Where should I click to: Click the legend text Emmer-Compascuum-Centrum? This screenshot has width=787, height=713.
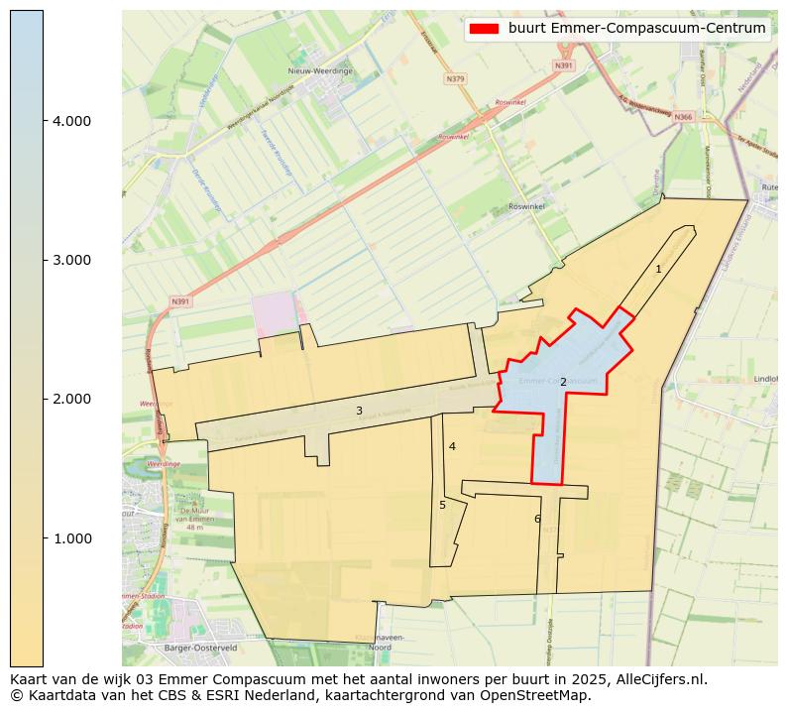point(637,29)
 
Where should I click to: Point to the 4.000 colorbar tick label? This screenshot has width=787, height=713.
point(71,121)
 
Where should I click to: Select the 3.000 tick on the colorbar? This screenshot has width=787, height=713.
point(71,260)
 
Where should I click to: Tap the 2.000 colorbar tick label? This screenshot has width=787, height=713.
point(71,399)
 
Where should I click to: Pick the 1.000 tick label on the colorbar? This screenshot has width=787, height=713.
point(71,538)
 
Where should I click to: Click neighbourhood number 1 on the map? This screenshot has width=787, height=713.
point(658,269)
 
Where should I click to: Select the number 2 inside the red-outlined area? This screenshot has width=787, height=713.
point(563,382)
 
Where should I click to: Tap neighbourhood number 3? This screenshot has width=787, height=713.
point(359,411)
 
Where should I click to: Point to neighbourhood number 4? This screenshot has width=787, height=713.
point(452,446)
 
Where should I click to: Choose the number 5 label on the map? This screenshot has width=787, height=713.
point(442,505)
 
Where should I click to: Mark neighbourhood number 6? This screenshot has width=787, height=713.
point(537,519)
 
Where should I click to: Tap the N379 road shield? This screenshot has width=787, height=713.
point(456,78)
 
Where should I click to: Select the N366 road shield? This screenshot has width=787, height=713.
point(683,117)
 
